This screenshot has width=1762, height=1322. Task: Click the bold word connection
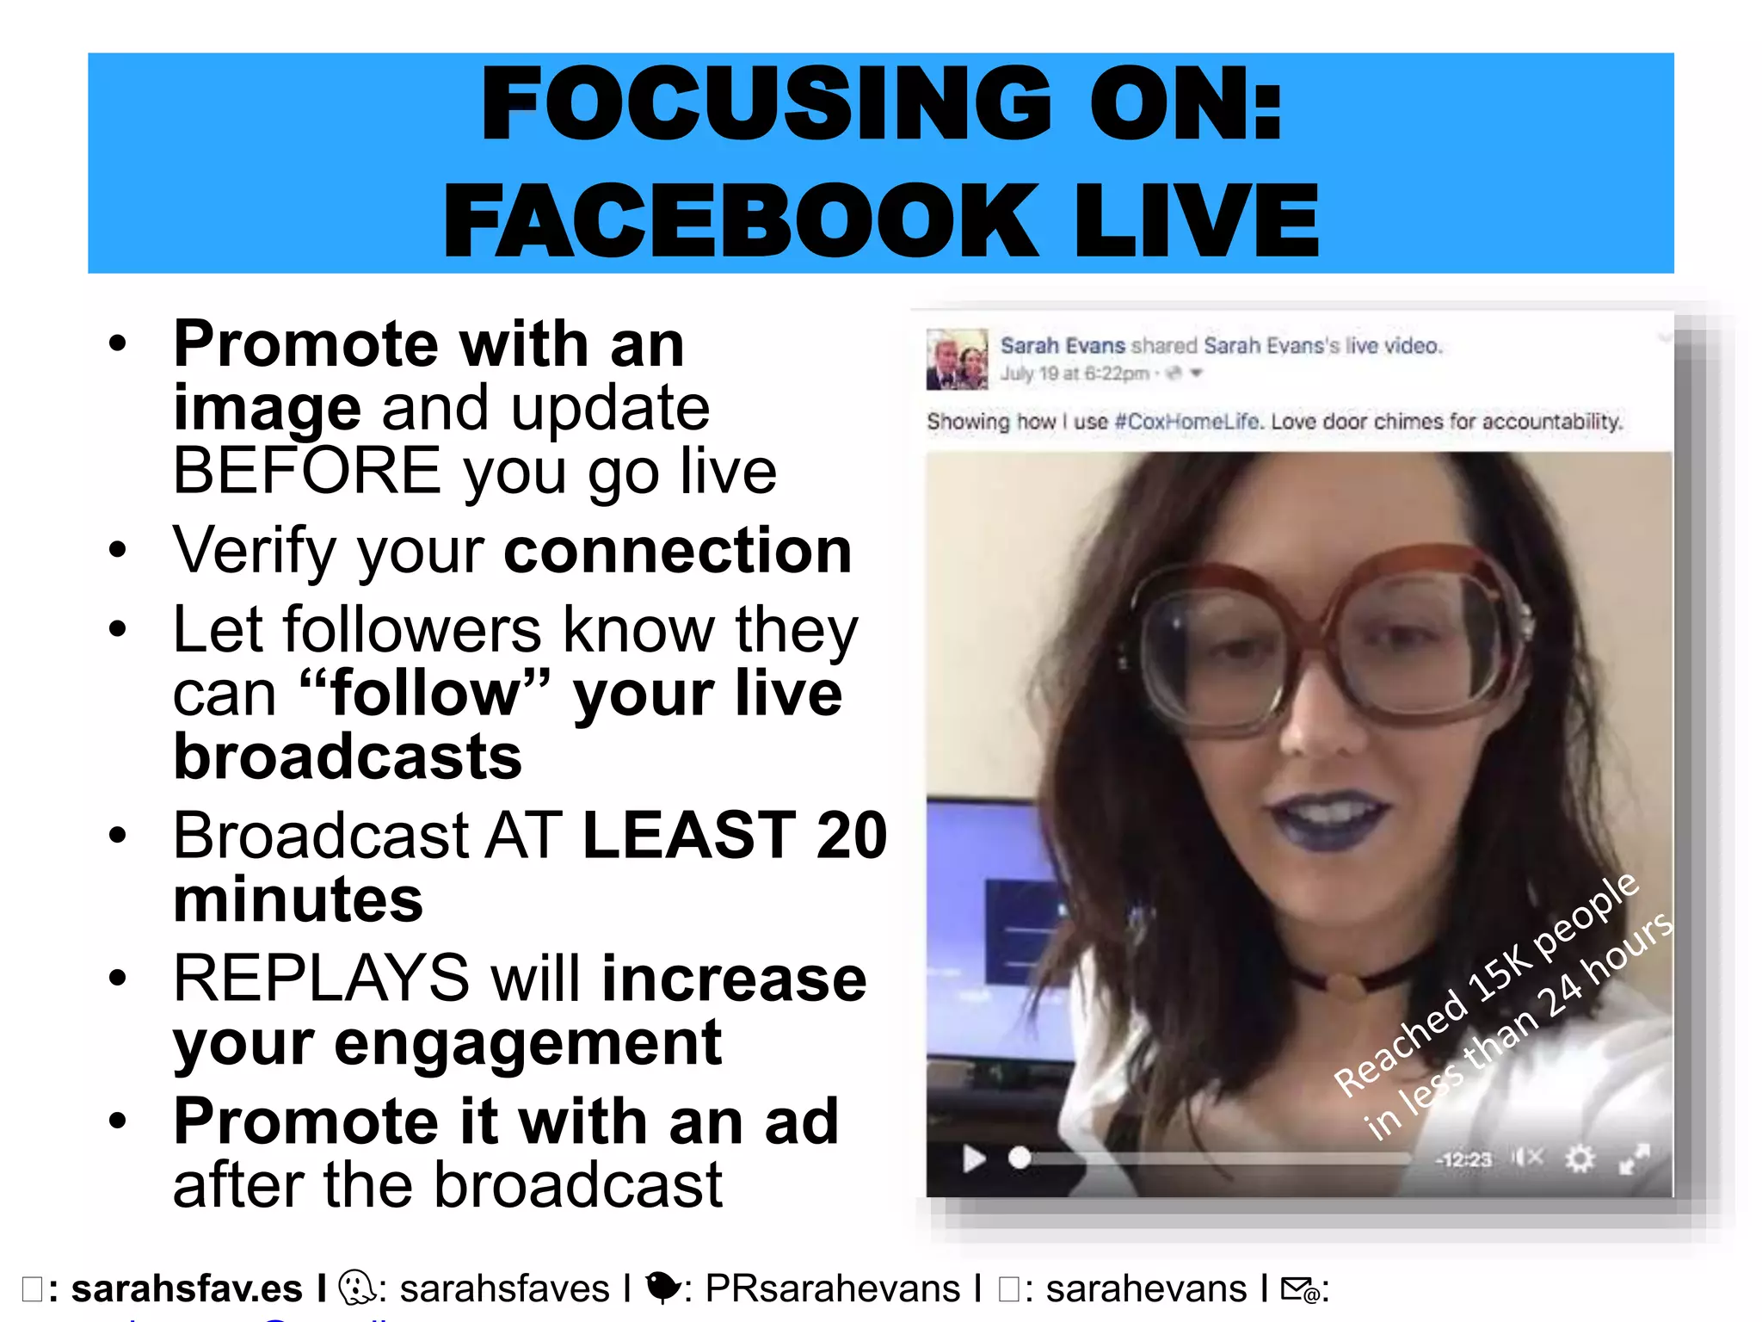point(678,551)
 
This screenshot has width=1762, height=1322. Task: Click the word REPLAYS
point(320,979)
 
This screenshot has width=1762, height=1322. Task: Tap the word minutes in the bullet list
point(298,899)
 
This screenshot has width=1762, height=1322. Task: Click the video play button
point(973,1158)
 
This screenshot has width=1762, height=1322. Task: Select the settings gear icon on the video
point(1580,1158)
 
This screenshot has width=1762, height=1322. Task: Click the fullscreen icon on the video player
point(1634,1158)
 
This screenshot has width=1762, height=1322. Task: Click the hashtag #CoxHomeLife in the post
point(1187,422)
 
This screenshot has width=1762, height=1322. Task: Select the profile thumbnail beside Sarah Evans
point(957,359)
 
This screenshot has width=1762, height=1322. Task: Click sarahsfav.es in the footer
point(187,1288)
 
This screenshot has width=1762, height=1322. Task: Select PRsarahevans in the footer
point(832,1288)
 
